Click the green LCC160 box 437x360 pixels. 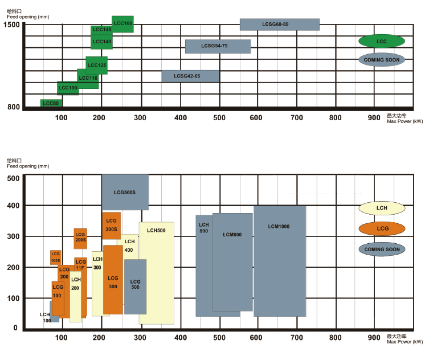point(122,24)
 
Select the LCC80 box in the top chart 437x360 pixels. point(51,103)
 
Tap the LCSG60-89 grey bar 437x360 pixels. point(279,24)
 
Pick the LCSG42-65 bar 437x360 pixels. point(190,76)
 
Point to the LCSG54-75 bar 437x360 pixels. point(218,46)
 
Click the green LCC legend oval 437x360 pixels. point(382,41)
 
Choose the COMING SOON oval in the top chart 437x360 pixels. point(382,59)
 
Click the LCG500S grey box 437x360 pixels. point(125,193)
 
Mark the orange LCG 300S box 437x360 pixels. point(111,226)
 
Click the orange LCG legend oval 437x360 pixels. point(382,228)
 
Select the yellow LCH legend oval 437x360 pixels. point(382,208)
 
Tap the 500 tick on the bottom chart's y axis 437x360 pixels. point(13,178)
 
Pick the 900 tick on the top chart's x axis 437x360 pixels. point(374,117)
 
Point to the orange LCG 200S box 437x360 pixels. point(80,238)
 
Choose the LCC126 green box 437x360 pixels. point(97,65)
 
